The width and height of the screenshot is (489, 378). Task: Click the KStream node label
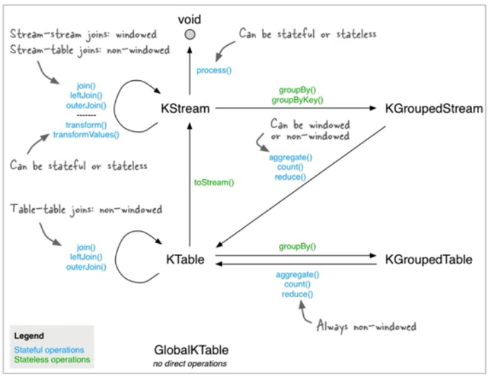tap(187, 108)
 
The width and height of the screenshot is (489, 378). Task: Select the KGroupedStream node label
tap(434, 108)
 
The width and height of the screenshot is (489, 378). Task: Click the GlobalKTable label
tap(191, 350)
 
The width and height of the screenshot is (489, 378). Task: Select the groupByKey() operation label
tap(297, 100)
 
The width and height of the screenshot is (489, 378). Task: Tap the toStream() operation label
tap(214, 182)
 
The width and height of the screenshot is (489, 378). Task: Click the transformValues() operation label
tap(86, 134)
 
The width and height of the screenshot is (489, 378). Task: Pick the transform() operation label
tap(86, 125)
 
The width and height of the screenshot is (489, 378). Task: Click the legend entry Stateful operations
tap(48, 350)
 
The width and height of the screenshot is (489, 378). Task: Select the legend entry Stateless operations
tap(51, 359)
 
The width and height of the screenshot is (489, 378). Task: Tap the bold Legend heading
tap(29, 336)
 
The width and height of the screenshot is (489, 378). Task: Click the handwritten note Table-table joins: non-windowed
tap(86, 210)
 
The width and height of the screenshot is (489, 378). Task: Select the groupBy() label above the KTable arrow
tap(297, 247)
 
